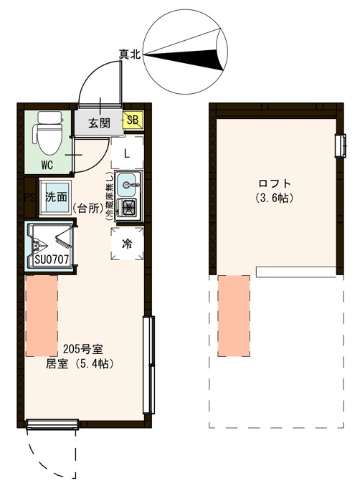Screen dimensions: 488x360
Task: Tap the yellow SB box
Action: pyautogui.click(x=132, y=121)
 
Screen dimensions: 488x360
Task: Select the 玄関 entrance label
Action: pyautogui.click(x=99, y=123)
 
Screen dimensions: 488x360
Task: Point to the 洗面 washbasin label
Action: pyautogui.click(x=56, y=197)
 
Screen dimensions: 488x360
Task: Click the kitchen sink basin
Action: pyautogui.click(x=128, y=185)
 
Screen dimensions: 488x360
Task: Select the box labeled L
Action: pyautogui.click(x=126, y=153)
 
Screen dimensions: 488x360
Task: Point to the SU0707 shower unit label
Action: pyautogui.click(x=51, y=259)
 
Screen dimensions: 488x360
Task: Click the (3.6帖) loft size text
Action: pyautogui.click(x=275, y=198)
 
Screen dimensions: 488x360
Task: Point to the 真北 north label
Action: pyautogui.click(x=129, y=53)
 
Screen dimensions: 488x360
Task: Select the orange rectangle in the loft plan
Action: pyautogui.click(x=233, y=315)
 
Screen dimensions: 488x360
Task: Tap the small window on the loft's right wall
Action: pyautogui.click(x=339, y=145)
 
